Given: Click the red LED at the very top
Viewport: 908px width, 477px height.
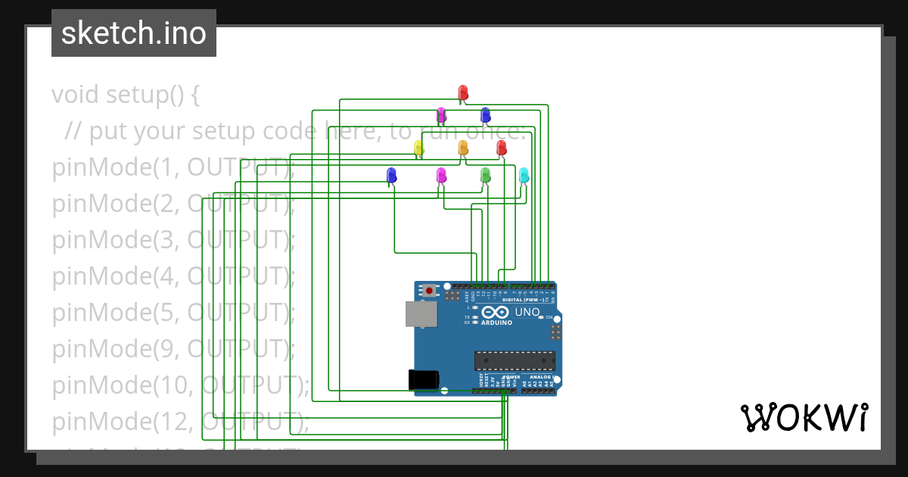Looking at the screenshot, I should click(x=463, y=92).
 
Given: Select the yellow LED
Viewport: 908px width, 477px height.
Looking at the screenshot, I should click(x=418, y=148).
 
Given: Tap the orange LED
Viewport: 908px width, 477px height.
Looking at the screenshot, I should click(x=463, y=148).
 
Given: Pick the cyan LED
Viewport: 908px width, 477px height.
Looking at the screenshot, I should click(x=524, y=175).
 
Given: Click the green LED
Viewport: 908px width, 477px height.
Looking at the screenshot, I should click(x=486, y=175).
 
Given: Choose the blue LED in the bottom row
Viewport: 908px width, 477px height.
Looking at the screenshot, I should click(x=391, y=175).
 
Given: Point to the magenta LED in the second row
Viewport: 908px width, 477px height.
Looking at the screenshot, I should click(x=442, y=114).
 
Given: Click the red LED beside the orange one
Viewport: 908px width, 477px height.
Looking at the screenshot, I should click(x=501, y=148).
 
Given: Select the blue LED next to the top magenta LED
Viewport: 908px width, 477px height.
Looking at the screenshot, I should click(x=486, y=114).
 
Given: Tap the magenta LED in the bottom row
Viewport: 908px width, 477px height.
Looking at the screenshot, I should click(x=442, y=175).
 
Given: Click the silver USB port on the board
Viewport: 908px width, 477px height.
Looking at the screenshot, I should click(x=421, y=314).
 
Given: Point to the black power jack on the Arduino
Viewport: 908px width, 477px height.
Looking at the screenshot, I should click(x=422, y=379).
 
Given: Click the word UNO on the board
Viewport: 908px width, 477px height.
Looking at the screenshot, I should click(x=527, y=312).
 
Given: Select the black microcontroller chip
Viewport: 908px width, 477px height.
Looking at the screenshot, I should click(x=515, y=361).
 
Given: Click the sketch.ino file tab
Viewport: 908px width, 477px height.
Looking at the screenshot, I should click(x=134, y=33).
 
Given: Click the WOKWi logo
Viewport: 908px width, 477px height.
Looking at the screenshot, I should click(x=804, y=418).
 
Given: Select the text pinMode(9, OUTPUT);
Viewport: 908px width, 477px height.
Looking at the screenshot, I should click(x=173, y=348).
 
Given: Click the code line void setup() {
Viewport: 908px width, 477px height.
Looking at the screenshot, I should click(x=126, y=95).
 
